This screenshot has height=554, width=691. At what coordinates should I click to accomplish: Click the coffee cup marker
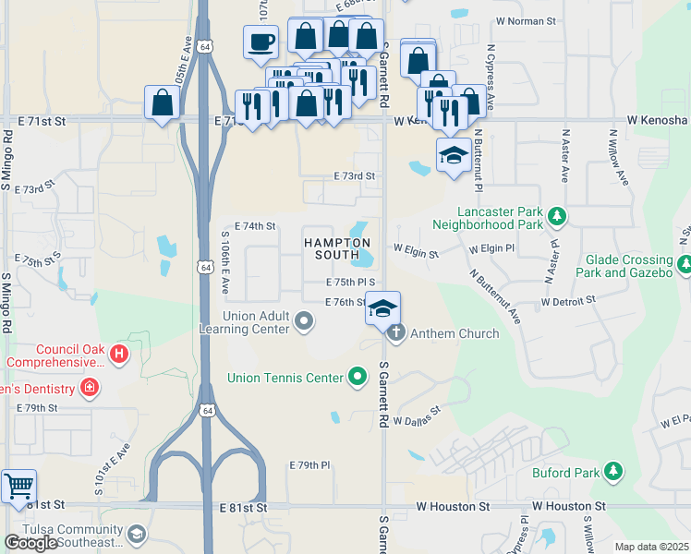click(261, 42)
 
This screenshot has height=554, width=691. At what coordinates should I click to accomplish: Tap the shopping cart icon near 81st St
click(18, 486)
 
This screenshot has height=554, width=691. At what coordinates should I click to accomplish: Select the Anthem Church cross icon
click(396, 333)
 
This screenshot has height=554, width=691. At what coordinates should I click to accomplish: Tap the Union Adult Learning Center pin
click(305, 322)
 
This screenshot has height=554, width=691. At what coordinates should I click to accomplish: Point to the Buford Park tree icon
click(612, 473)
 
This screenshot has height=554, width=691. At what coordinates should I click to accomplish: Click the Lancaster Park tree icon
click(556, 216)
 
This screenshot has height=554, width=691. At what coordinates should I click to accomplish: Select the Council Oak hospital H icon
click(118, 354)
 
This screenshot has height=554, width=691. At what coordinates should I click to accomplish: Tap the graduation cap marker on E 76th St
click(382, 308)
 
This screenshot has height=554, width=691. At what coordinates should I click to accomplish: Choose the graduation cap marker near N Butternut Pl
click(453, 155)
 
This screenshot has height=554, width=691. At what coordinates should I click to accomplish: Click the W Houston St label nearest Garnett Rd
click(453, 507)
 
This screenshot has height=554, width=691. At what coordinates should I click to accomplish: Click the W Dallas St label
click(417, 420)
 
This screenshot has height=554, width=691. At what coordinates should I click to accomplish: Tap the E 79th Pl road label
click(309, 464)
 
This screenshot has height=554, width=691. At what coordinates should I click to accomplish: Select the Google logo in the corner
click(31, 543)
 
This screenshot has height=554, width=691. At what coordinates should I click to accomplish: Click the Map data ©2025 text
click(651, 547)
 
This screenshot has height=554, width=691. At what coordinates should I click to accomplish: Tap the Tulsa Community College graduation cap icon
click(137, 535)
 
